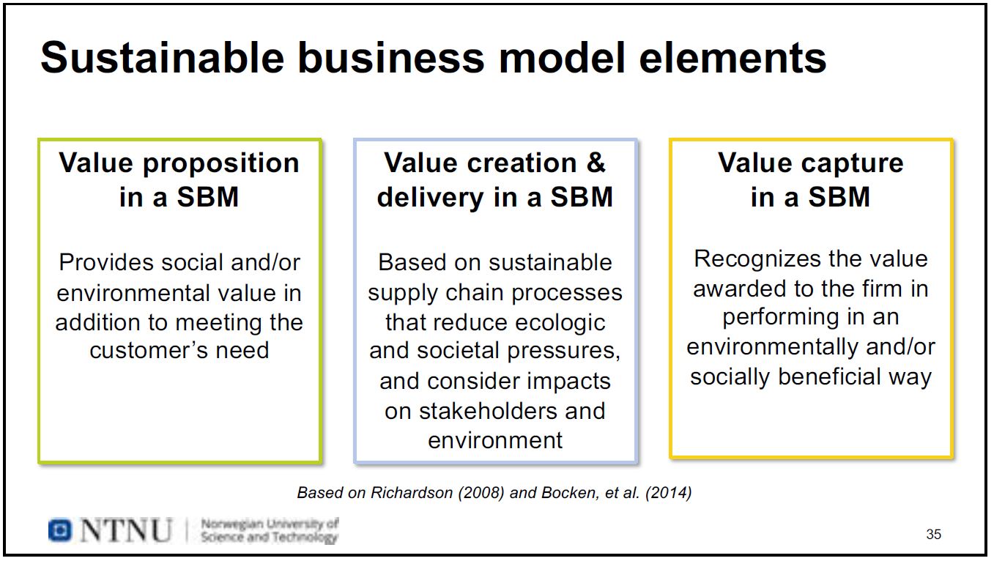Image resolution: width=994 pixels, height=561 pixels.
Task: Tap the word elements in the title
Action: point(733,59)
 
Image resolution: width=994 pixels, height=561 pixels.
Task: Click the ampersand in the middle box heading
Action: point(596,163)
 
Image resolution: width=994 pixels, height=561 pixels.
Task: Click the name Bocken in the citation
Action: point(568,493)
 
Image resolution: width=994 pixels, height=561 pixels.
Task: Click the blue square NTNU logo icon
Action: point(60,530)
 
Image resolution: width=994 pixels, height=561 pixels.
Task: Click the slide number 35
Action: point(933,535)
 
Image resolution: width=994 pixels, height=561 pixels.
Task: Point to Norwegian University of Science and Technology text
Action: point(269,530)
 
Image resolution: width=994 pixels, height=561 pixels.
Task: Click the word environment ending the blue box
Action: point(495,440)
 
